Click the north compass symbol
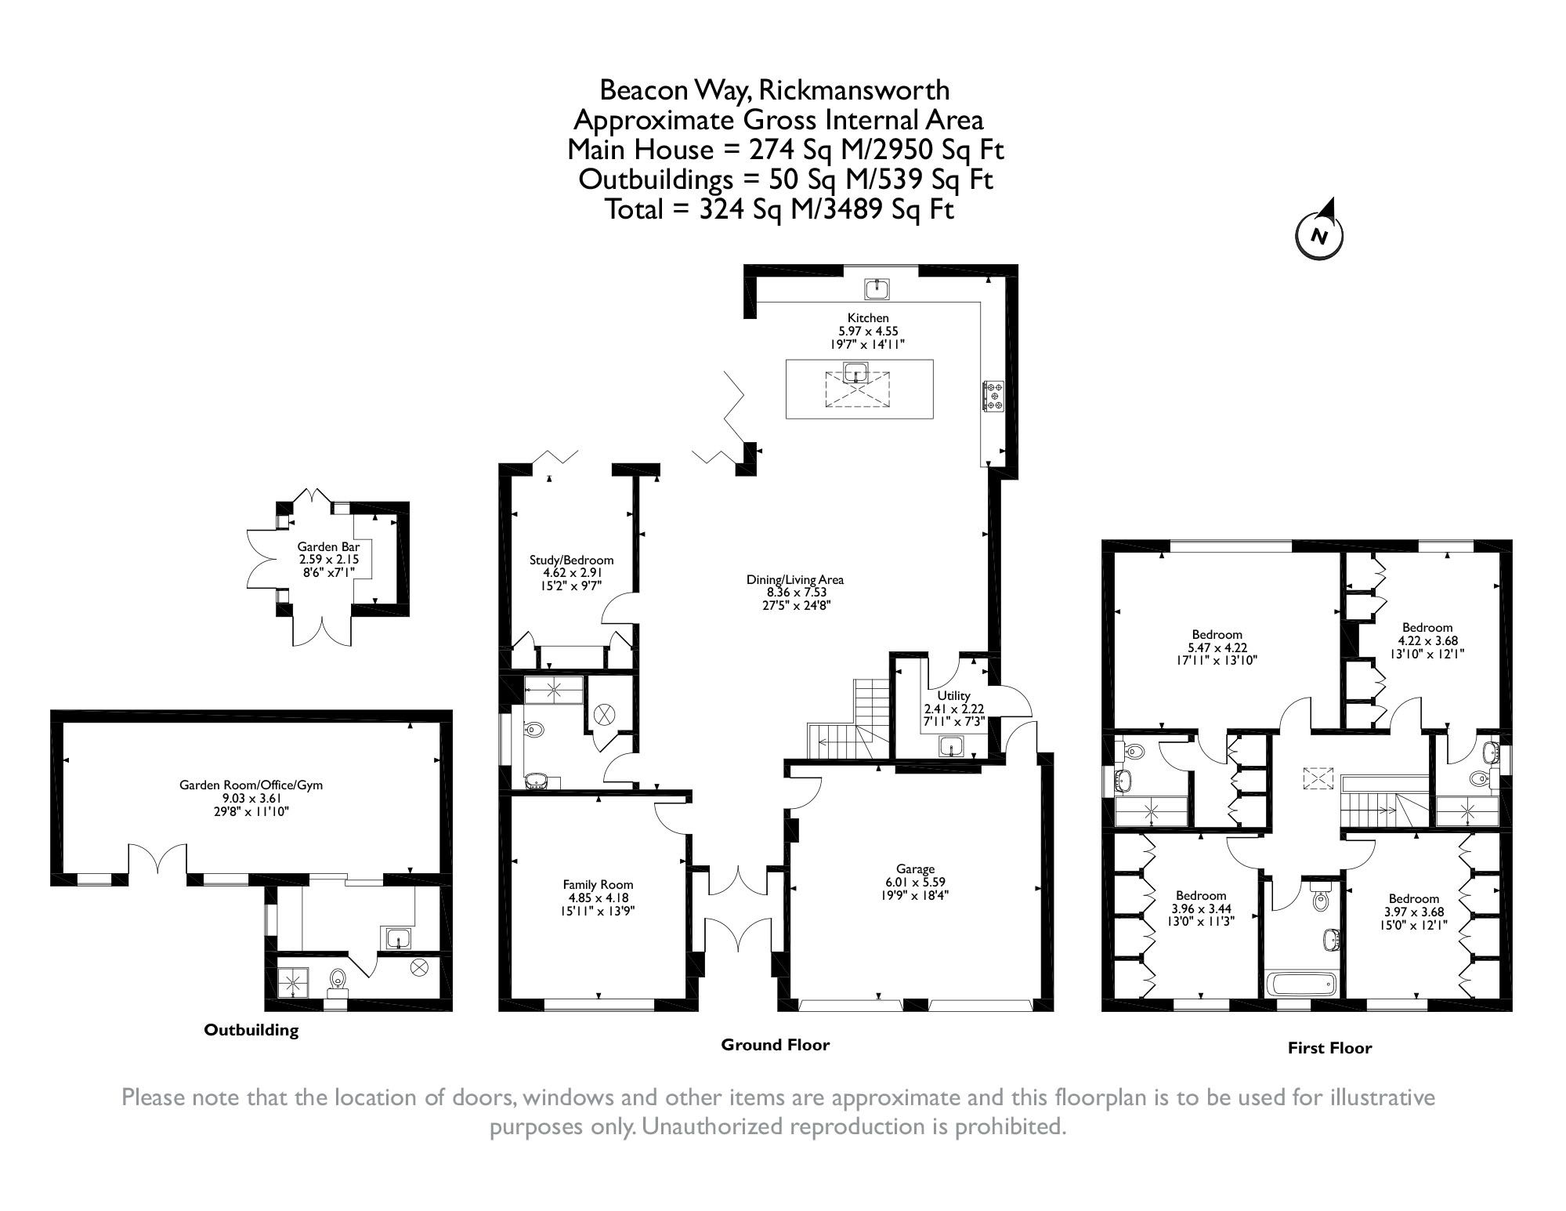click(1320, 234)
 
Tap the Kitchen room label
click(868, 317)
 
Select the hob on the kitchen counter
click(993, 395)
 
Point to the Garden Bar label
click(328, 547)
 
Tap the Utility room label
click(953, 695)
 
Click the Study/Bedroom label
click(571, 560)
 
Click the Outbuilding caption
click(251, 1030)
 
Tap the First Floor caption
click(1329, 1048)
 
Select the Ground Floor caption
click(775, 1045)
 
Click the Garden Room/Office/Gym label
click(251, 785)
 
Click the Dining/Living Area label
click(794, 580)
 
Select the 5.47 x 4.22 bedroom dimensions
click(1217, 647)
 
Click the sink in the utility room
click(952, 747)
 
